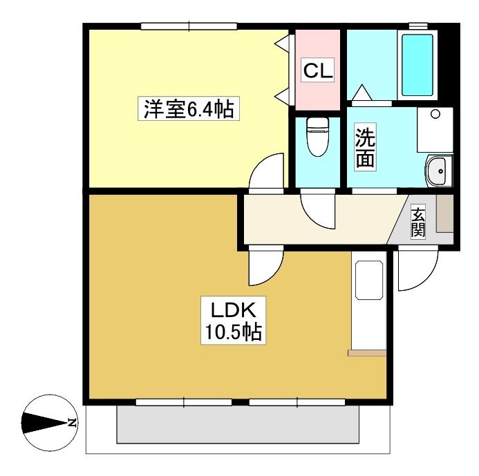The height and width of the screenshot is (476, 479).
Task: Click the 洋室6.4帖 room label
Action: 189,108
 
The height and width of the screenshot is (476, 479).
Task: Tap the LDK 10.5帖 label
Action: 233,321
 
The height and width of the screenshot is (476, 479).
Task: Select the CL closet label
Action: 318,70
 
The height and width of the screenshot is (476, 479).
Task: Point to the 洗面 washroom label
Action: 366,146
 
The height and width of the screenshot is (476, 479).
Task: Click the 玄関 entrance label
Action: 418,222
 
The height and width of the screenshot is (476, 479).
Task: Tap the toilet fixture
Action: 318,137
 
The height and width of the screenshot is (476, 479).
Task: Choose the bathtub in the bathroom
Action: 417,65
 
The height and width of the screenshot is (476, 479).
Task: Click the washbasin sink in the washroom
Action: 439,171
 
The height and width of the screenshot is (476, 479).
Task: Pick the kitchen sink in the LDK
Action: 369,280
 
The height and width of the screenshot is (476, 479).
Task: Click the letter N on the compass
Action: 72,423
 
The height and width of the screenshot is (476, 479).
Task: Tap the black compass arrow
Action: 44,423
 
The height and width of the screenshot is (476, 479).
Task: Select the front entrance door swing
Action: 418,270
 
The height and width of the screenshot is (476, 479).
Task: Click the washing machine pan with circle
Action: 435,129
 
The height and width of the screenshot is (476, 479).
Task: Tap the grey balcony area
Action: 238,424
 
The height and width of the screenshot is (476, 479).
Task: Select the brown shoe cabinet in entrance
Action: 444,213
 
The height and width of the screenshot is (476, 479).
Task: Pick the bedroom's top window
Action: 189,26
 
